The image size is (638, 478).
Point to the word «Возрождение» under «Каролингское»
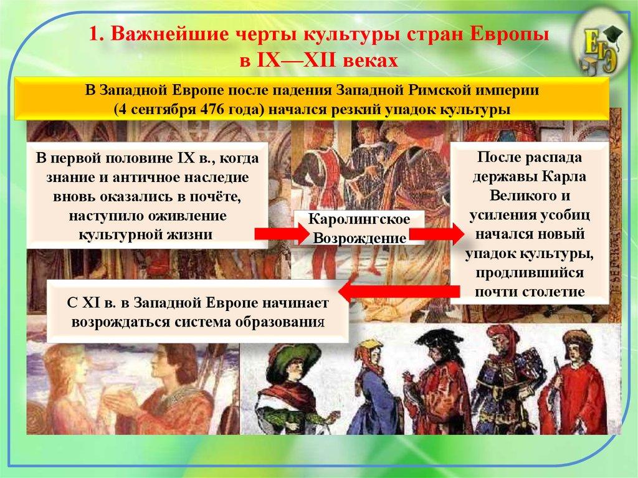tap(359, 238)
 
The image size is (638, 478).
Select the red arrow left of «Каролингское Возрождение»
tap(281, 234)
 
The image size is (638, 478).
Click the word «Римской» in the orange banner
tap(437, 91)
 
